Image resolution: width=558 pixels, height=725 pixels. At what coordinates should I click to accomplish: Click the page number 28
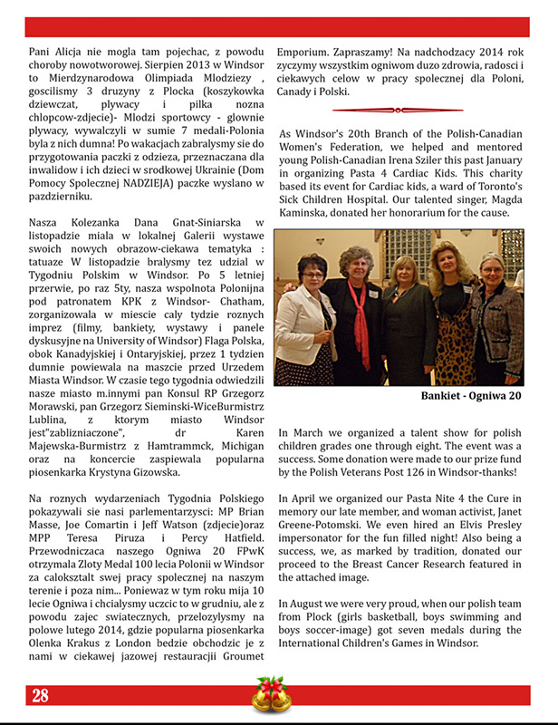pos(40,696)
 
